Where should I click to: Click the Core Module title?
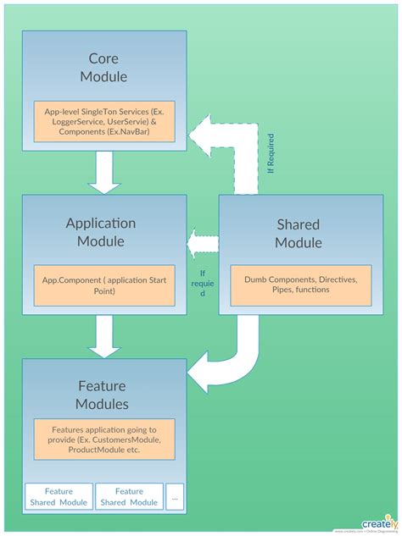pyautogui.click(x=103, y=68)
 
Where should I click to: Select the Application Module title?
pyautogui.click(x=101, y=232)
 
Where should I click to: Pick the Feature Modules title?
pyautogui.click(x=102, y=395)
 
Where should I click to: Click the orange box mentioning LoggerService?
pyautogui.click(x=103, y=122)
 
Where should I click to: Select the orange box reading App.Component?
pyautogui.click(x=103, y=285)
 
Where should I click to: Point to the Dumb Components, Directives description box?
pyautogui.click(x=301, y=285)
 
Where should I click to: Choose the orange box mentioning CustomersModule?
pyautogui.click(x=103, y=439)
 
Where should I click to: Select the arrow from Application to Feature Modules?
pyautogui.click(x=104, y=336)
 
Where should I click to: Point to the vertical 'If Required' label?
pyautogui.click(x=271, y=153)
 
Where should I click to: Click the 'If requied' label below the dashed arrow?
pyautogui.click(x=203, y=283)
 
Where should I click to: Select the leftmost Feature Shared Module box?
pyautogui.click(x=59, y=496)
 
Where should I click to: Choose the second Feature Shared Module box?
pyautogui.click(x=129, y=496)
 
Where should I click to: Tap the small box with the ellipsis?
pyautogui.click(x=175, y=496)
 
